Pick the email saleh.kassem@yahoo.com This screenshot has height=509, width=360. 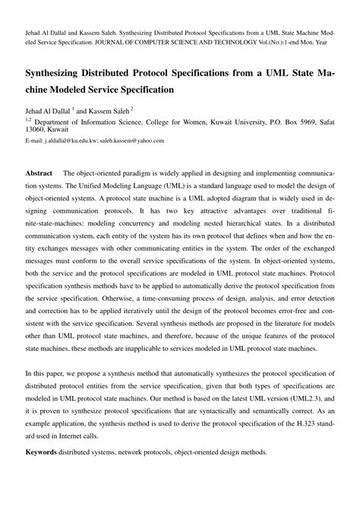[x=147, y=141]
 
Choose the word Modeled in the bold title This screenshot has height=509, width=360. [x=76, y=89]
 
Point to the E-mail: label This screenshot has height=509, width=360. [x=35, y=141]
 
